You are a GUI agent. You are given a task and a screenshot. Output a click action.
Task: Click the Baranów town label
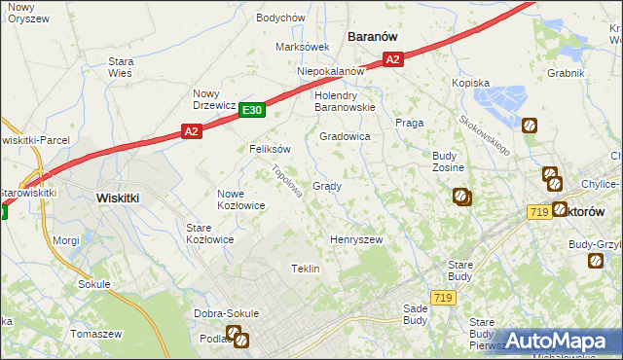[x=373, y=36]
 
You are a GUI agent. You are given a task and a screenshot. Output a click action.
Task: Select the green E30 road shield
[x=251, y=111]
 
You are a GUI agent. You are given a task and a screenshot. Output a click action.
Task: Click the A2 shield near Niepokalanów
[x=392, y=60]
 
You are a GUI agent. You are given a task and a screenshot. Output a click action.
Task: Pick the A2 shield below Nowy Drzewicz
[x=191, y=131]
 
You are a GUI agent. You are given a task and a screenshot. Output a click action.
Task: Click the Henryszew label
[x=356, y=239]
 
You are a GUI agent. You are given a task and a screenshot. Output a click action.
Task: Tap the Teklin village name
[x=306, y=269]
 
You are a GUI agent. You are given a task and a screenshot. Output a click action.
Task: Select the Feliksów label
[x=271, y=150]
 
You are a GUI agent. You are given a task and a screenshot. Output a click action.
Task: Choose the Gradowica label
[x=345, y=137]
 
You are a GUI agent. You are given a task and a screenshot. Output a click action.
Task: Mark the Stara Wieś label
[x=121, y=66]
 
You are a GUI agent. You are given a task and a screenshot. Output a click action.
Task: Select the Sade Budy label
[x=415, y=313]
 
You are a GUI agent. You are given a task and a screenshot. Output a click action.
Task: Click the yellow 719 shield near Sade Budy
[x=444, y=297]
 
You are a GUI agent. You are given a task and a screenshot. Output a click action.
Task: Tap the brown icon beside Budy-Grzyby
[x=595, y=261]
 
